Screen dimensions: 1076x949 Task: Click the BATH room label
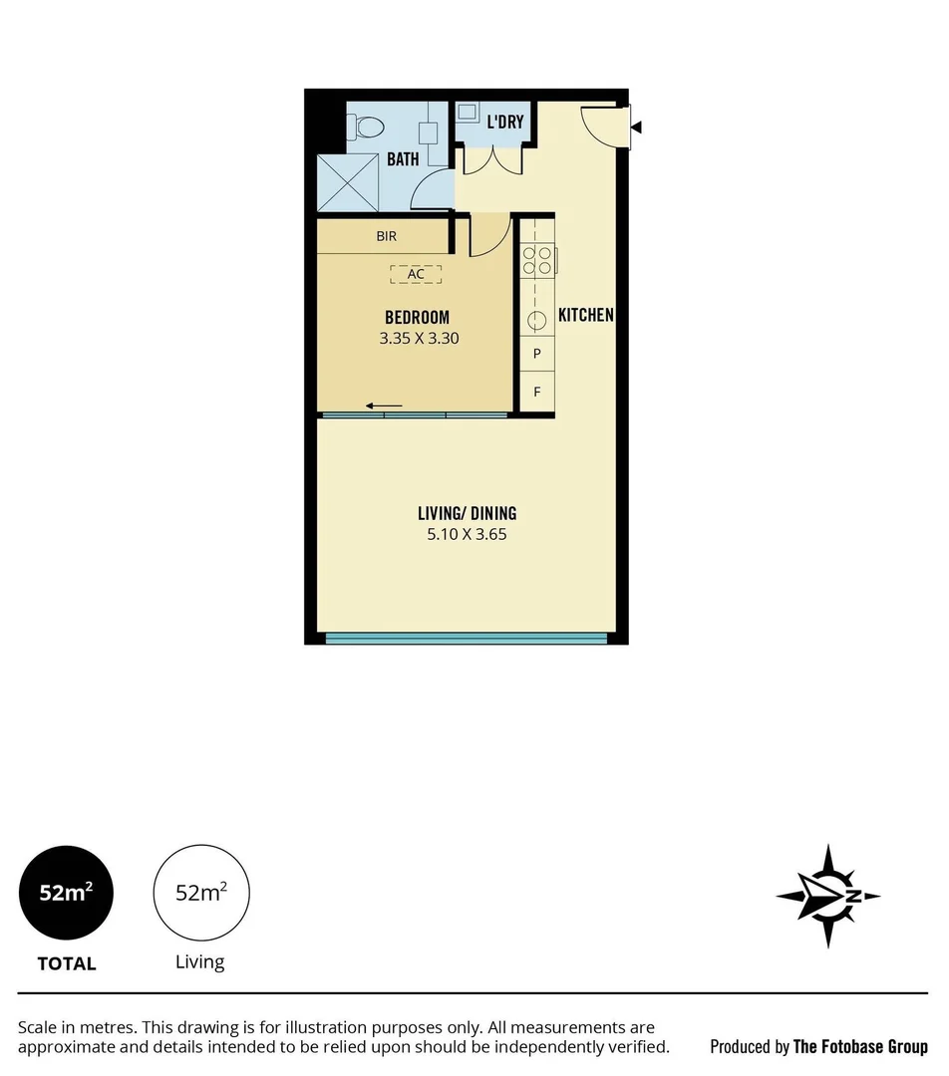tap(403, 158)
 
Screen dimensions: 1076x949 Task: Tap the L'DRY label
tap(504, 123)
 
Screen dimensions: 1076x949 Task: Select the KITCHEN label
tap(585, 315)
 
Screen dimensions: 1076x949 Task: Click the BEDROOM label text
tap(417, 318)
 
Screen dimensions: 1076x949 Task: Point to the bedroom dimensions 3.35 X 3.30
tap(419, 338)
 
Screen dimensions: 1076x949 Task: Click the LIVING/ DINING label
tap(467, 514)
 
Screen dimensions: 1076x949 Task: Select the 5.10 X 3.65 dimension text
tap(467, 534)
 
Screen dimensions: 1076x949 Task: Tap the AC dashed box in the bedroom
tap(416, 273)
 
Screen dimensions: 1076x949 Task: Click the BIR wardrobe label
tap(387, 237)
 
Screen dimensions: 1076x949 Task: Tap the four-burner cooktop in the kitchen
tap(537, 259)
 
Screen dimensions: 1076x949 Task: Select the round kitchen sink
tap(537, 320)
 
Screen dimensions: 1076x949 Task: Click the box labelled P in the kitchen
tap(537, 354)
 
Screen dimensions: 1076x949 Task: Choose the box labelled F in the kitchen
tap(537, 392)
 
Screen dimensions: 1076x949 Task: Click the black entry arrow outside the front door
tap(637, 128)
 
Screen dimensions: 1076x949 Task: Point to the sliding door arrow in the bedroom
tap(384, 405)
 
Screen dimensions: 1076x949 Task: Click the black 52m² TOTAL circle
tap(67, 893)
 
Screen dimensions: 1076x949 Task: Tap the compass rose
tap(827, 896)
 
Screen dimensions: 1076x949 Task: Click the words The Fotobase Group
tap(859, 1047)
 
